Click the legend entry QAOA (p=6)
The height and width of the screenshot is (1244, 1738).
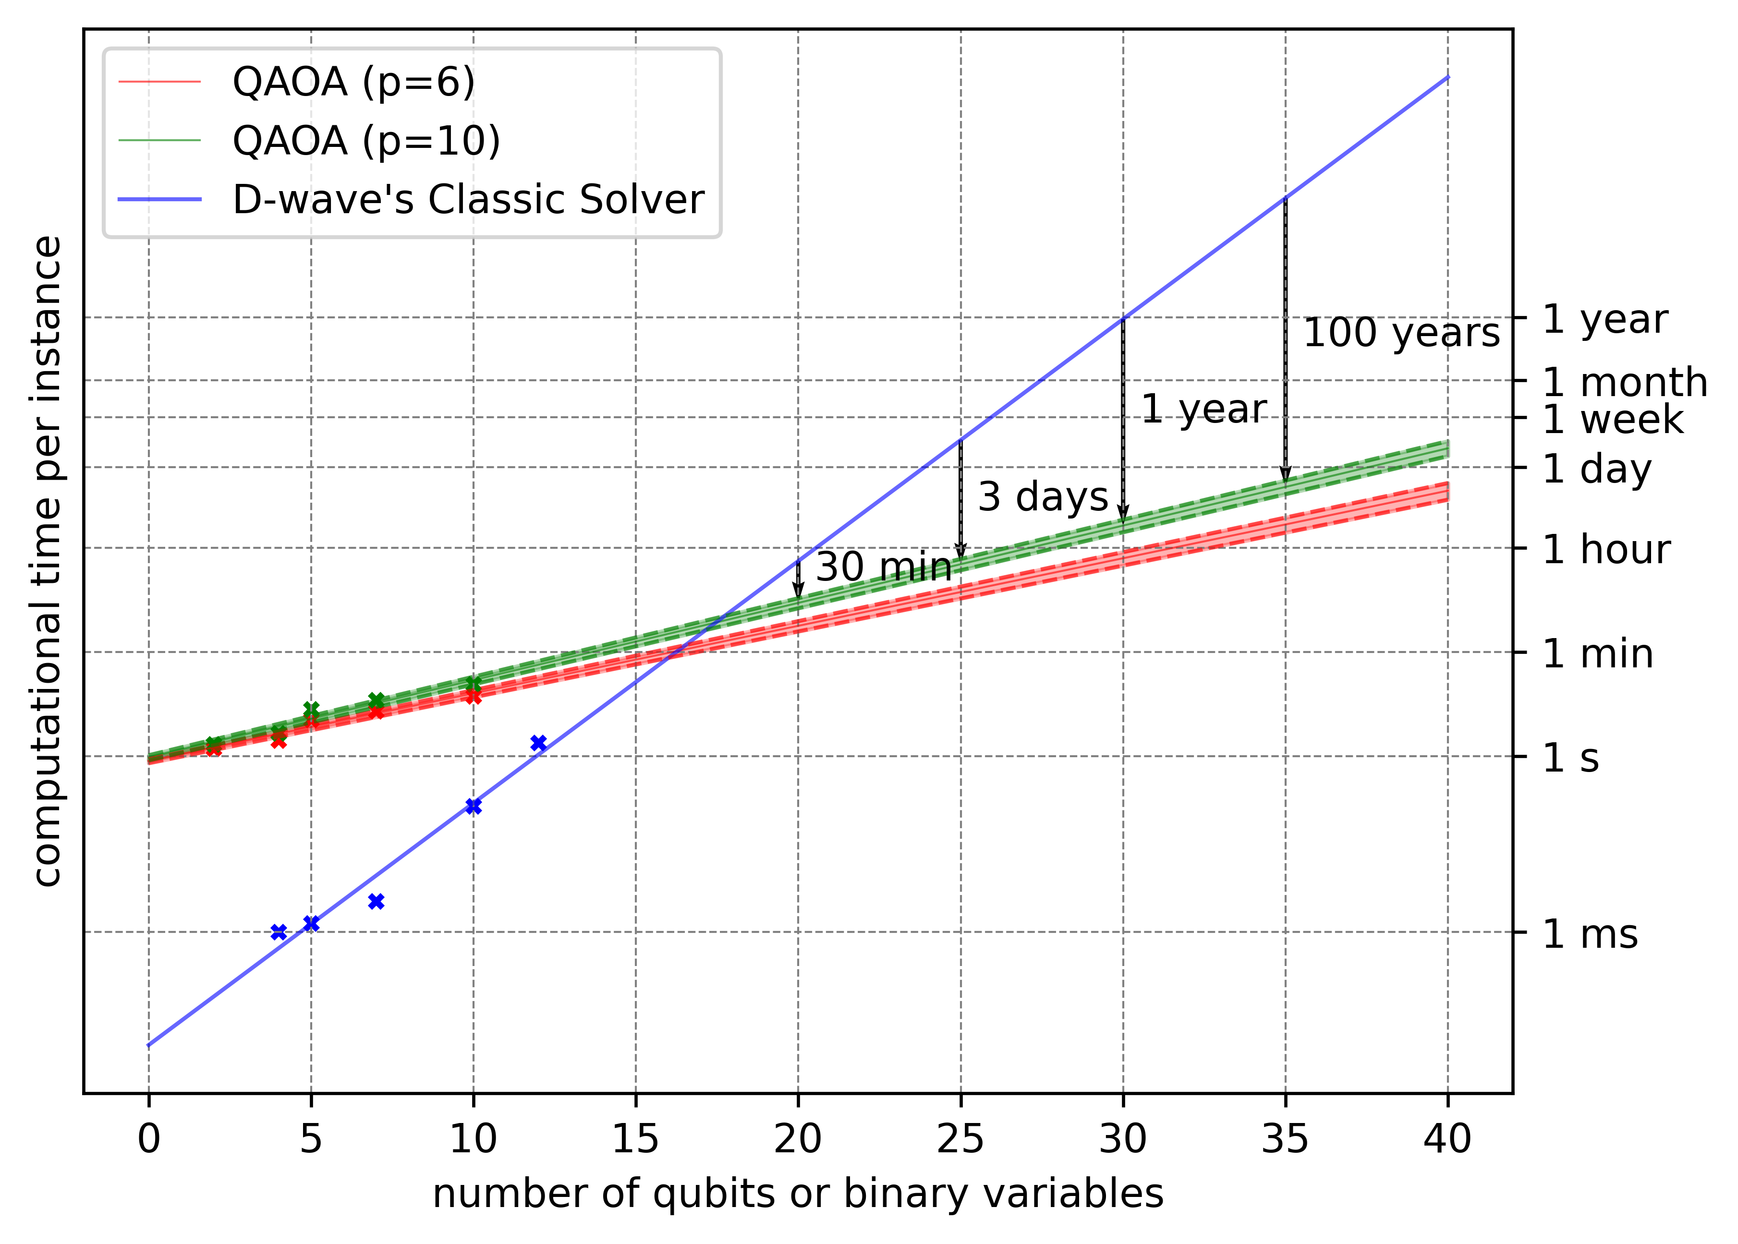pyautogui.click(x=353, y=82)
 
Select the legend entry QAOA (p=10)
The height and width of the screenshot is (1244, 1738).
pyautogui.click(x=366, y=141)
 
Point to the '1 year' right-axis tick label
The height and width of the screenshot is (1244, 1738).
pyautogui.click(x=1604, y=319)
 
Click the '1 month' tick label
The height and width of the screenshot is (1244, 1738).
pyautogui.click(x=1624, y=382)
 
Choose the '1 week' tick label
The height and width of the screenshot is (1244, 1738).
pyautogui.click(x=1612, y=419)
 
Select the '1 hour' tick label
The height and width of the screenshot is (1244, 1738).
pyautogui.click(x=1604, y=549)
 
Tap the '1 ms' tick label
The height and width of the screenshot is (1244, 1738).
pyautogui.click(x=1590, y=934)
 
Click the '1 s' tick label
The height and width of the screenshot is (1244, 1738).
pyautogui.click(x=1570, y=758)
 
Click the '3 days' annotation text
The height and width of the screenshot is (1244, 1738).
pyautogui.click(x=1043, y=496)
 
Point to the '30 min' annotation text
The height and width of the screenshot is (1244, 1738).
pyautogui.click(x=883, y=567)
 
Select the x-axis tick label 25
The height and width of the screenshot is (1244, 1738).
pyautogui.click(x=960, y=1139)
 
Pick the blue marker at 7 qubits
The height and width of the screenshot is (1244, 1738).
pyautogui.click(x=376, y=902)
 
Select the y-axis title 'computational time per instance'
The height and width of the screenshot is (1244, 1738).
pyautogui.click(x=48, y=561)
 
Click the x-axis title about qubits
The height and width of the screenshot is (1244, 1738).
pyautogui.click(x=797, y=1194)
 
